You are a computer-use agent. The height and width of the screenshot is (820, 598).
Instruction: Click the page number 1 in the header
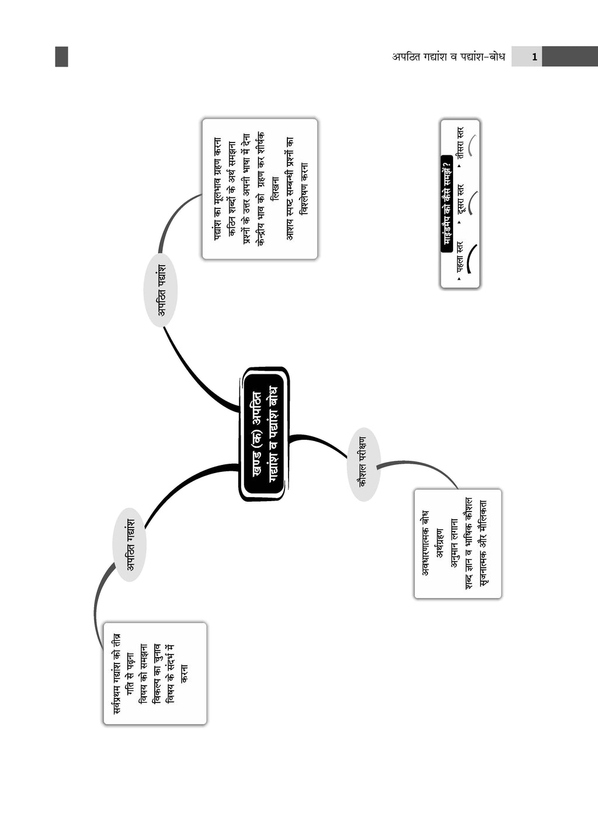pyautogui.click(x=534, y=57)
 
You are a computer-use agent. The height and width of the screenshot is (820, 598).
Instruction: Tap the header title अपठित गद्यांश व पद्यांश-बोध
pyautogui.click(x=448, y=57)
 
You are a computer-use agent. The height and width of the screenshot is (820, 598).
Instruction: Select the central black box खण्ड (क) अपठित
pyautogui.click(x=263, y=434)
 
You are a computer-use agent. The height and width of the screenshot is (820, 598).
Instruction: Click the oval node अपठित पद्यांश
pyautogui.click(x=161, y=290)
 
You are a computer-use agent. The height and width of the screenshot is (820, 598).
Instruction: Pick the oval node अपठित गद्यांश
pyautogui.click(x=130, y=544)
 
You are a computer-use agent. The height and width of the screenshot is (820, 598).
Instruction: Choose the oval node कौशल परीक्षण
pyautogui.click(x=364, y=464)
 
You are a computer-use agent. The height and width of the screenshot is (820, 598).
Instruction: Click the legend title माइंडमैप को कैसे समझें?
pyautogui.click(x=447, y=204)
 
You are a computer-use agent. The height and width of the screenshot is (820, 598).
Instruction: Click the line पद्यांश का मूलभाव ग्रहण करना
pyautogui.click(x=217, y=189)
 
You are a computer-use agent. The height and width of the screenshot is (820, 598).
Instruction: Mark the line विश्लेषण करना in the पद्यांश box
pyautogui.click(x=304, y=189)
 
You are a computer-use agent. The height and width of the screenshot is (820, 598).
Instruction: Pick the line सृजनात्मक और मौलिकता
pyautogui.click(x=483, y=543)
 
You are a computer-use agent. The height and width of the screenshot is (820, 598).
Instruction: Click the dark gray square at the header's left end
pyautogui.click(x=61, y=57)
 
